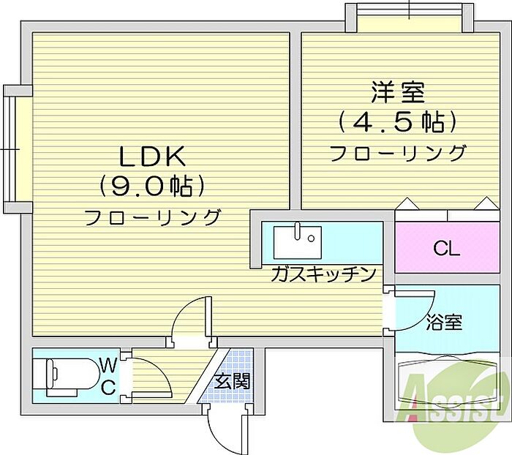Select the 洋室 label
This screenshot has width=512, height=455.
[x=398, y=93]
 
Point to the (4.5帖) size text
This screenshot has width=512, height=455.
[x=398, y=121]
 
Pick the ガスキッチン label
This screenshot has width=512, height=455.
[x=323, y=274]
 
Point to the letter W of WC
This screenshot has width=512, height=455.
[x=108, y=364]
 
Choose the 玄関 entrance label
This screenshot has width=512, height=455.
[x=233, y=380]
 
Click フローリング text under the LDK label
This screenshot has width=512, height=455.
[x=152, y=217]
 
